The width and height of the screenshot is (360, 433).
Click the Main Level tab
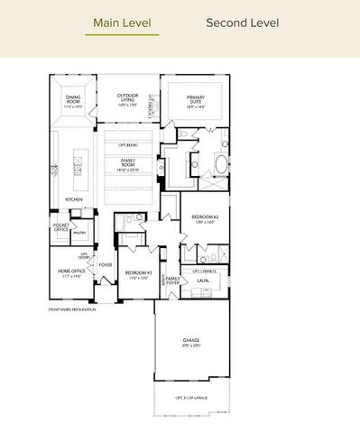pos(122,23)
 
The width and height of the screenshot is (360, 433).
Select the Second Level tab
pos(242,23)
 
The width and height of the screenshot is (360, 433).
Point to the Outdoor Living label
pos(133,98)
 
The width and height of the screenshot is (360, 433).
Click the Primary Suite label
pos(196,101)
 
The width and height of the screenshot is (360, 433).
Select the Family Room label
pos(133,162)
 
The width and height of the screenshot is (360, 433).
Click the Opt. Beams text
pos(133,143)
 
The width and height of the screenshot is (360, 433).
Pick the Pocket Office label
pos(61,227)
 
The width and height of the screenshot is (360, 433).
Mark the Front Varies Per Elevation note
pos(74,309)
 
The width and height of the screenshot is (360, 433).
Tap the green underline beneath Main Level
pos(122,35)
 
